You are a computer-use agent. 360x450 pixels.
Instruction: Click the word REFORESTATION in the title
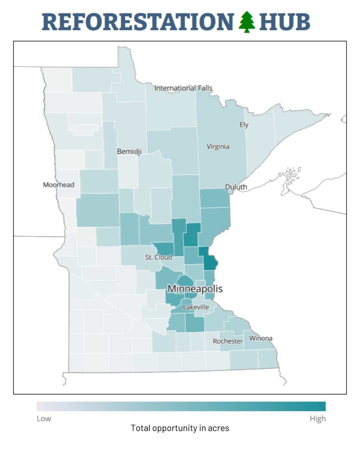tap(138, 22)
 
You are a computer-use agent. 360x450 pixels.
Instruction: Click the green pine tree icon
tap(247, 22)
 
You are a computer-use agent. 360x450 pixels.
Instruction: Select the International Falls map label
tap(183, 88)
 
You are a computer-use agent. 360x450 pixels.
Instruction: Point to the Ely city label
tap(244, 125)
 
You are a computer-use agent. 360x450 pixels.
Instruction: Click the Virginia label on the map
tap(218, 147)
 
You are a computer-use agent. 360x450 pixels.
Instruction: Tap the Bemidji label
tap(129, 151)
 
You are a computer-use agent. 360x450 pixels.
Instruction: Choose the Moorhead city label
tap(59, 185)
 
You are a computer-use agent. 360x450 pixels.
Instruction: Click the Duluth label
tap(236, 187)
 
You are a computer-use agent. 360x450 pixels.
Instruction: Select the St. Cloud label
tap(159, 257)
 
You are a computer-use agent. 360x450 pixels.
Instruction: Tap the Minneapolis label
tap(195, 289)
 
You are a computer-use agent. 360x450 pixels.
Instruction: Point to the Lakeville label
tap(196, 307)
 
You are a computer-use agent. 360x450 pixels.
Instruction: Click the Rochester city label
tap(228, 341)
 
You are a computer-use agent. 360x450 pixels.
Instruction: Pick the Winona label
tap(261, 338)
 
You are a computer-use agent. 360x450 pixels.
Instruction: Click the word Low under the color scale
tap(44, 419)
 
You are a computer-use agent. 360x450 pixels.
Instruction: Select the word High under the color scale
tap(318, 419)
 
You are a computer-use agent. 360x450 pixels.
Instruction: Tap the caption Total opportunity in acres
tap(180, 428)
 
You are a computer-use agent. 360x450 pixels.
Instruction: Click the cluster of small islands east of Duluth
tap(289, 175)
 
